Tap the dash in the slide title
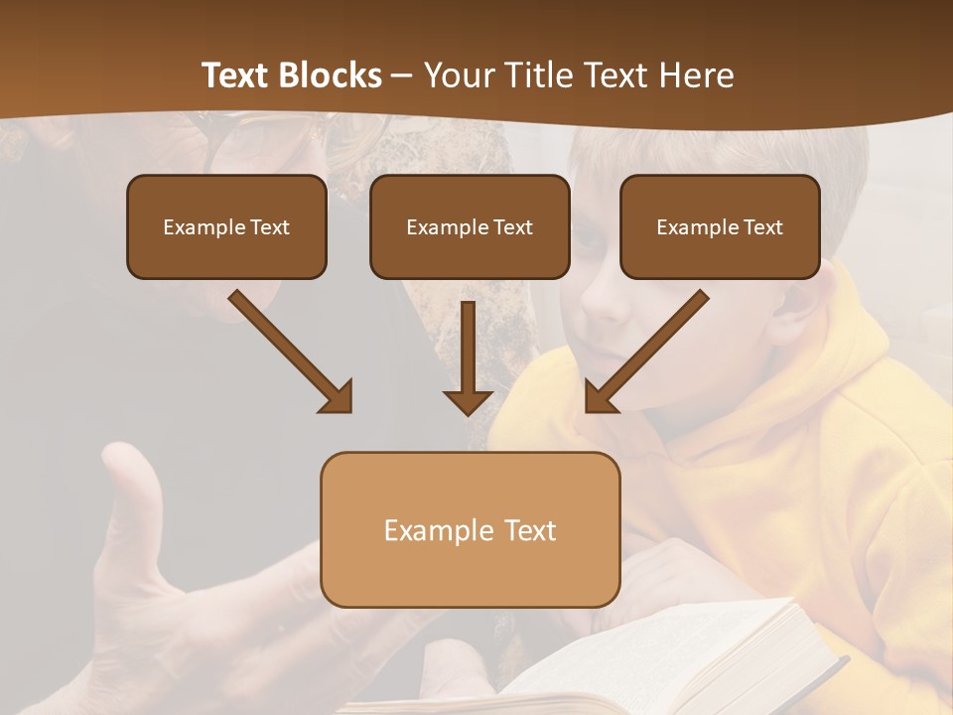point(402,76)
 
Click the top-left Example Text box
point(226,227)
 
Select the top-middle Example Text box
point(470,227)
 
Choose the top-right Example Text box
point(720,227)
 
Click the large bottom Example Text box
point(470,530)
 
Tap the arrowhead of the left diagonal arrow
point(338,397)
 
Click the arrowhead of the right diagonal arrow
point(600,397)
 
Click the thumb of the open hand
point(134,497)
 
